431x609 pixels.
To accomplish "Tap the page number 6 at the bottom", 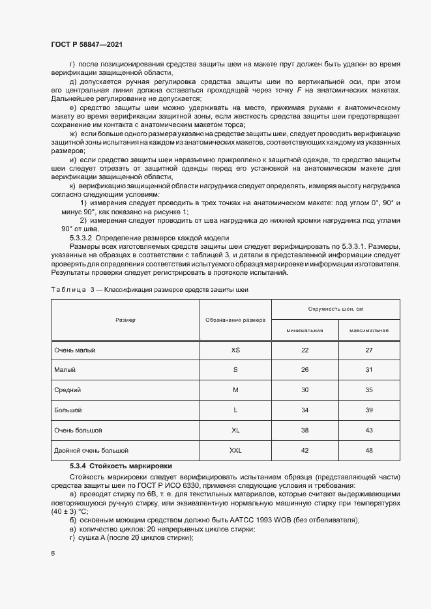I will (53, 553).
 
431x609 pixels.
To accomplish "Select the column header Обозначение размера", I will (235, 320).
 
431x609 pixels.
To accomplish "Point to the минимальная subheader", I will (305, 330).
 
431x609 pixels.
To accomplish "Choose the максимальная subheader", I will (368, 330).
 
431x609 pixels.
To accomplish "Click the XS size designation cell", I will (235, 350).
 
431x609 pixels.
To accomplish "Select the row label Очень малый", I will (75, 350).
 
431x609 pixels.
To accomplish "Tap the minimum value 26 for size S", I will (305, 370).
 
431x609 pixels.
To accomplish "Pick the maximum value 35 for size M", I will (368, 390).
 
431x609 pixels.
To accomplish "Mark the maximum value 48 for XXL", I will (368, 450).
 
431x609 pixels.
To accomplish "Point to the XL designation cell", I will (235, 431).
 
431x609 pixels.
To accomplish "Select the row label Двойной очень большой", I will (91, 450).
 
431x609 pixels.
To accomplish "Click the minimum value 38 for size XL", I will (305, 431).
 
